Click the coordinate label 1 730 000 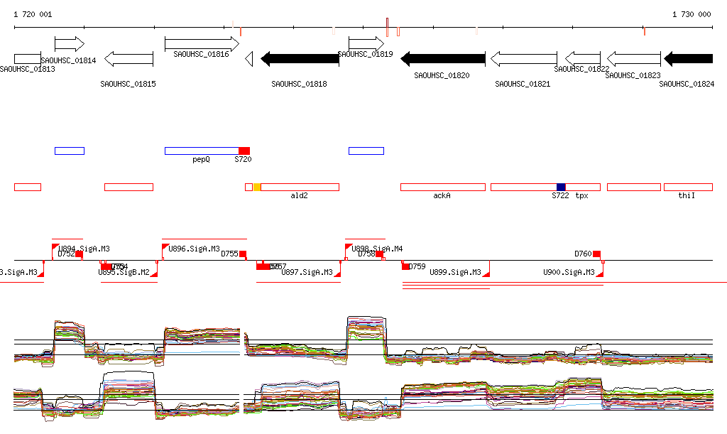(692, 14)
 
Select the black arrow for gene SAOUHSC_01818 (300, 59)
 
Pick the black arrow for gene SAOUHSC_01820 (443, 59)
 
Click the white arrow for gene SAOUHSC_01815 (129, 59)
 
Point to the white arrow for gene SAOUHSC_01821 (523, 59)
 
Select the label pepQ (201, 160)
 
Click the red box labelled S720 (244, 151)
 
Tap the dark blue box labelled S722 (561, 187)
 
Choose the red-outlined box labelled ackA (442, 187)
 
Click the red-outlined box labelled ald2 (300, 187)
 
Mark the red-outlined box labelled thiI (687, 187)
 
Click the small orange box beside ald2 (257, 187)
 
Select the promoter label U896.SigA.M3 (194, 249)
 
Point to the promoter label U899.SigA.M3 (456, 272)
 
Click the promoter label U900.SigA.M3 (569, 272)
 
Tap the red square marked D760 (597, 254)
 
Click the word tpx (582, 195)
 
